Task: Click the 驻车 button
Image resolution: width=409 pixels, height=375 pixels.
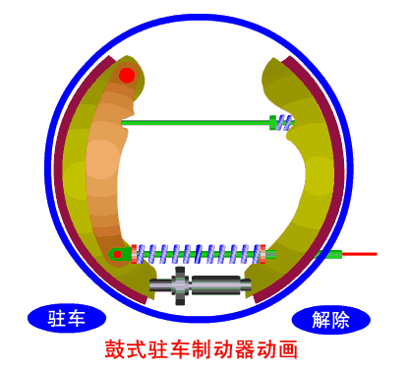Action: [x=67, y=318]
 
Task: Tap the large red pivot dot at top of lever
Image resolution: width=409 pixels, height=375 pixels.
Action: [x=127, y=76]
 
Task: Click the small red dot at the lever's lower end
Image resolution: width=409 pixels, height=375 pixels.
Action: [x=118, y=255]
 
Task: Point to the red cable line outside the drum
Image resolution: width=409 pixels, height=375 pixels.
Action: [x=360, y=254]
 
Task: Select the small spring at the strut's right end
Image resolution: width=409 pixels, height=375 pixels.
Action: [x=284, y=123]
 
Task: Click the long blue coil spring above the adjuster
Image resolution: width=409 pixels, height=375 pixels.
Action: [x=198, y=254]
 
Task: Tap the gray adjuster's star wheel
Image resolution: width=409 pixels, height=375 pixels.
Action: [x=180, y=285]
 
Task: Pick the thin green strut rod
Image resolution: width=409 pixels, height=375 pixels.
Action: [x=196, y=123]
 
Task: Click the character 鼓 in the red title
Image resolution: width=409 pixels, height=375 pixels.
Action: [x=115, y=349]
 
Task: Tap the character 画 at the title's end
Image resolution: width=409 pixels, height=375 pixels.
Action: [x=288, y=349]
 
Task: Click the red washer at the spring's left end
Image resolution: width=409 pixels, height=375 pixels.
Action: [x=134, y=254]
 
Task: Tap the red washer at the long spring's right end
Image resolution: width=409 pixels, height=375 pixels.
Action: [x=263, y=254]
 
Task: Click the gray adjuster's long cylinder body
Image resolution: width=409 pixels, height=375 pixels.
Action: [x=217, y=284]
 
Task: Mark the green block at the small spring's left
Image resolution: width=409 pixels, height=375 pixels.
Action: [x=272, y=123]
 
